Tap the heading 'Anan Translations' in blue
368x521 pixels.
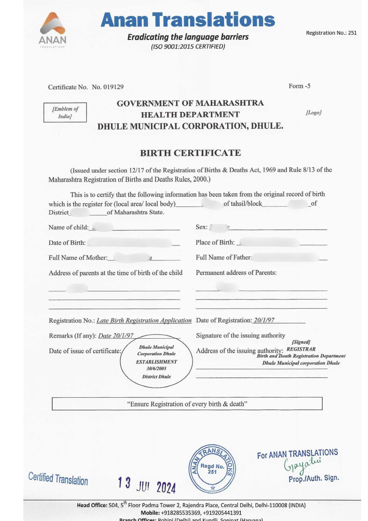[188, 20]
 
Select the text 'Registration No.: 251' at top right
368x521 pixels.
[331, 33]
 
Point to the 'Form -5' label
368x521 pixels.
[299, 86]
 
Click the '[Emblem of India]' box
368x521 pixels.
[65, 113]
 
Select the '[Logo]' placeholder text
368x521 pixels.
[314, 113]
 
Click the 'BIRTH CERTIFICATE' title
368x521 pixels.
[190, 153]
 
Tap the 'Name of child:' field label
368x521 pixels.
[69, 228]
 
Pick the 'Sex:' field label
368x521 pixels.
[202, 227]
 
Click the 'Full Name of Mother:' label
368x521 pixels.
[78, 258]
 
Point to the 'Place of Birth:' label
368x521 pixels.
[215, 243]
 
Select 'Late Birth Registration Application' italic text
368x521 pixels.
[144, 321]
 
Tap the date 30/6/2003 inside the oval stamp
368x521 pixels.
[156, 369]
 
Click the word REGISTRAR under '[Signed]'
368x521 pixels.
[301, 349]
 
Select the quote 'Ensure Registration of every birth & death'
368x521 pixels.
[187, 404]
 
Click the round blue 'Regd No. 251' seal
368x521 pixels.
[212, 469]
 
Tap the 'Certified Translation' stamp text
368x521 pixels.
[58, 479]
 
